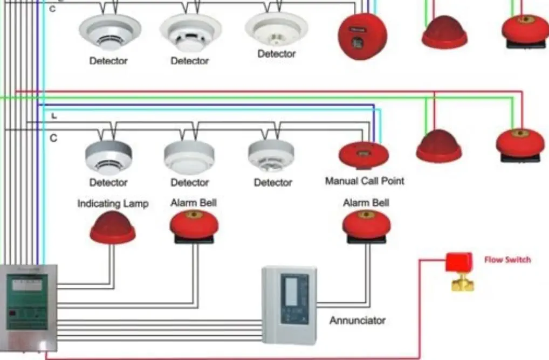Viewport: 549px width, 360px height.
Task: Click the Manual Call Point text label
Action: (365, 181)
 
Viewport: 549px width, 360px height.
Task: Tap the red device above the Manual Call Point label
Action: (363, 154)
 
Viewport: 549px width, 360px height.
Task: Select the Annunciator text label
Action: (358, 320)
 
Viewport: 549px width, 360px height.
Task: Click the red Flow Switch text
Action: (507, 260)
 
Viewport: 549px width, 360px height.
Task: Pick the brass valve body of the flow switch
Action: (462, 283)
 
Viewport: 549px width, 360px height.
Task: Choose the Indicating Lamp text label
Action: (113, 204)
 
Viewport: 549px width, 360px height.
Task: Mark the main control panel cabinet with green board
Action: (31, 304)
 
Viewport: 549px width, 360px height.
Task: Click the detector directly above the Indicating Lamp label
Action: (108, 156)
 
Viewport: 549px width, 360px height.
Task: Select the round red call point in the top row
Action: (363, 36)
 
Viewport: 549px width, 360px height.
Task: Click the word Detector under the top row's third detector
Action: (276, 54)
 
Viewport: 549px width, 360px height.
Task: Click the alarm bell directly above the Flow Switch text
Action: (519, 144)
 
